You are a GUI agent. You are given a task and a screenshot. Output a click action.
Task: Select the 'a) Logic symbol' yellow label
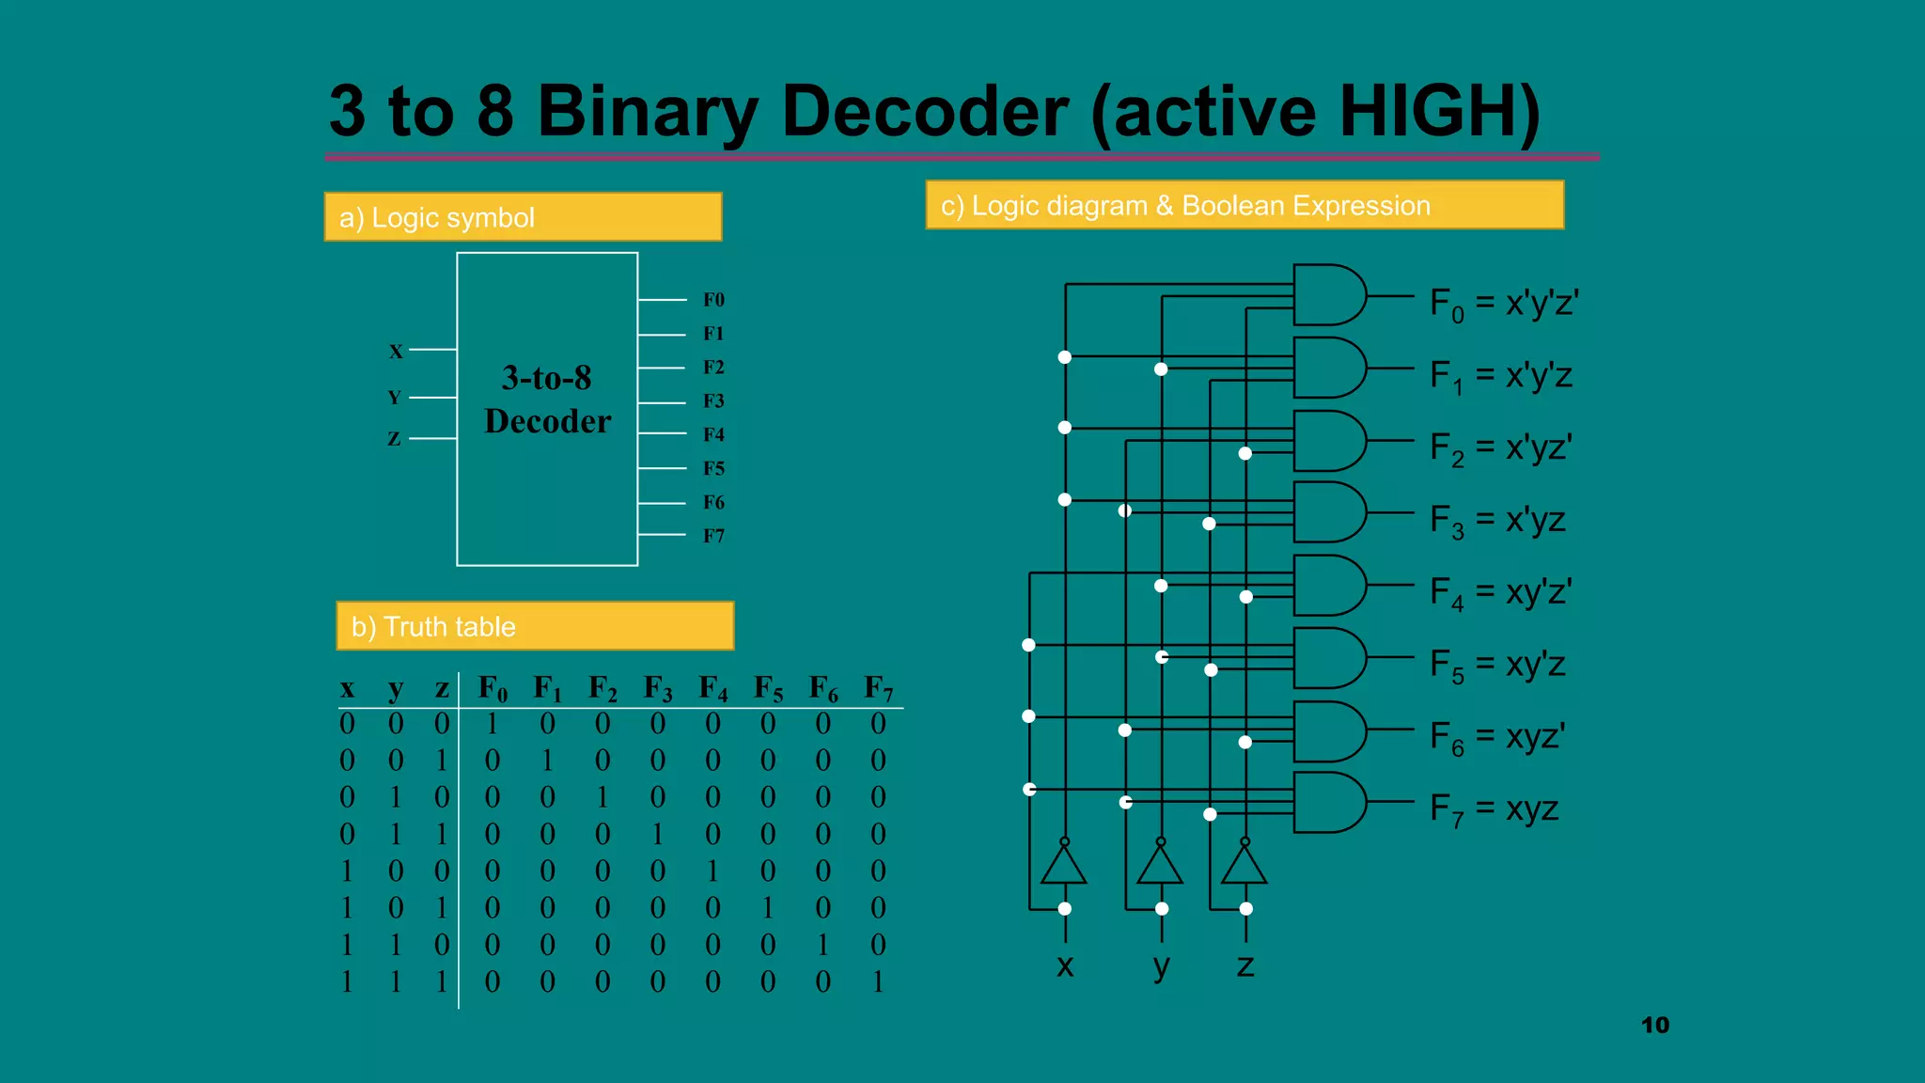(523, 217)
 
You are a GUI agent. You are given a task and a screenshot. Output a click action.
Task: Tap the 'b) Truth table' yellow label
(535, 626)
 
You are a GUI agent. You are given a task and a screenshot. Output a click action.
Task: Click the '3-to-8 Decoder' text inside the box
(547, 400)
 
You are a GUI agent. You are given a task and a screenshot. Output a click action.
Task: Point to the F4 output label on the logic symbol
(713, 434)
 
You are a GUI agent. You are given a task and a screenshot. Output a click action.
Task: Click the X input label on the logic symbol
(396, 351)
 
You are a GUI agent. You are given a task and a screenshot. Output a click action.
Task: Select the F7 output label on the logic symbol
(713, 536)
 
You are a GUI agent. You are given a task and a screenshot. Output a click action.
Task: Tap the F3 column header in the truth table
(658, 689)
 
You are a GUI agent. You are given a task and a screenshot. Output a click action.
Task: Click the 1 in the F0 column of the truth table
(492, 723)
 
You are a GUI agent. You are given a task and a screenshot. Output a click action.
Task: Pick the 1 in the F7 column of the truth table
(878, 981)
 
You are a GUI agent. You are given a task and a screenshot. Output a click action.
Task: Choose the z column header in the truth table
(441, 689)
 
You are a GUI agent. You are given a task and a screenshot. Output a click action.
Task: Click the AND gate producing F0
(1328, 295)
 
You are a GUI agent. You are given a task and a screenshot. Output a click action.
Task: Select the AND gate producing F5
(1328, 658)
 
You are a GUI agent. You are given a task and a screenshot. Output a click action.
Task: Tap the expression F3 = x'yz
(1497, 520)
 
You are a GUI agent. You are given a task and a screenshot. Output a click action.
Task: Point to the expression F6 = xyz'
(1497, 737)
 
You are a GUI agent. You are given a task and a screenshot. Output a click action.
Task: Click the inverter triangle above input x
(1064, 865)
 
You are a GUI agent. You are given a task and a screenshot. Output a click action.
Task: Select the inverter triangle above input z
(1244, 865)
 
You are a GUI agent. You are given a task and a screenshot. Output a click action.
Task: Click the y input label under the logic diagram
(1162, 965)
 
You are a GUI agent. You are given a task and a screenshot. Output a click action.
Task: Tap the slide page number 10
(1655, 1025)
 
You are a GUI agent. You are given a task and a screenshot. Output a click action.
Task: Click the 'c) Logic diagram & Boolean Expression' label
(1244, 205)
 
